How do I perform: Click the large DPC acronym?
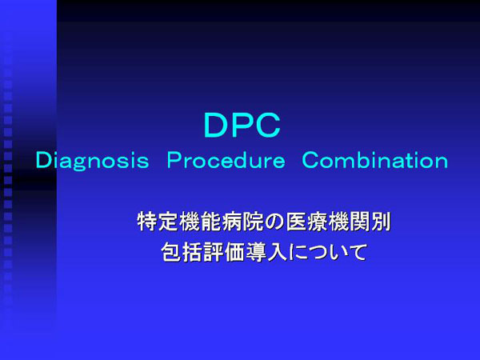coord(242,125)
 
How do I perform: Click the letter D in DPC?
coord(216,125)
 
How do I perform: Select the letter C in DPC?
coord(268,125)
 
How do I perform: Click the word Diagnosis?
coord(93,161)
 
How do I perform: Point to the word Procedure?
coord(226,161)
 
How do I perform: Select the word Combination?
coord(375,160)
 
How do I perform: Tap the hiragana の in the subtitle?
coord(274,222)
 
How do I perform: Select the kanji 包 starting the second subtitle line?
coord(171,252)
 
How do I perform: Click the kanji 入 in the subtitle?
coord(277,252)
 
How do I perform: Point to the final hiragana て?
coord(358,252)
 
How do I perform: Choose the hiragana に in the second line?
coord(296,252)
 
